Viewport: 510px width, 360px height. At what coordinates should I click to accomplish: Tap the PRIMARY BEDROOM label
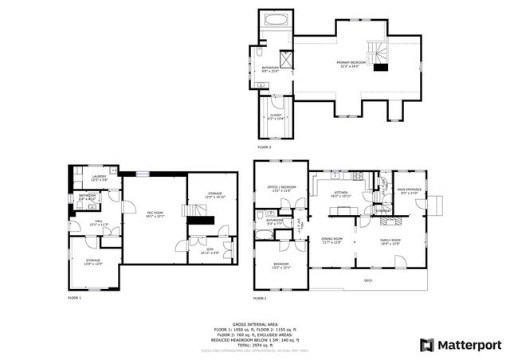(351, 63)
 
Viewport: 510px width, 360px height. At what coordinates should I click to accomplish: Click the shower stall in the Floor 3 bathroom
(280, 55)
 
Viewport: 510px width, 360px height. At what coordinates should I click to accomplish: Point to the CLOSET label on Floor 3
(276, 116)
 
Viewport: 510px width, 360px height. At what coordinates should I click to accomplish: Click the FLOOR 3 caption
(264, 147)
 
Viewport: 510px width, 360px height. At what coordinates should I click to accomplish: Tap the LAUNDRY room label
(100, 178)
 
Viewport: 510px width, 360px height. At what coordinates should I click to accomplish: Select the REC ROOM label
(155, 213)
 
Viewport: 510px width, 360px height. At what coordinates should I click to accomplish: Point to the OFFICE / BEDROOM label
(281, 188)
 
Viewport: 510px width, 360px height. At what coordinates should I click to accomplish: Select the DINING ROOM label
(331, 240)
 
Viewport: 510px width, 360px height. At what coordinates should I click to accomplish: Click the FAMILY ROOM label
(390, 240)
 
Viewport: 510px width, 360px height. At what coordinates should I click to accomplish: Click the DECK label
(368, 280)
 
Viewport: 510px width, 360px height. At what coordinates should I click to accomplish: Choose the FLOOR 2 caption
(260, 298)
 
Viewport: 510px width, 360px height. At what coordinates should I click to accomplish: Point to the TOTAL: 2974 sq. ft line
(254, 344)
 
